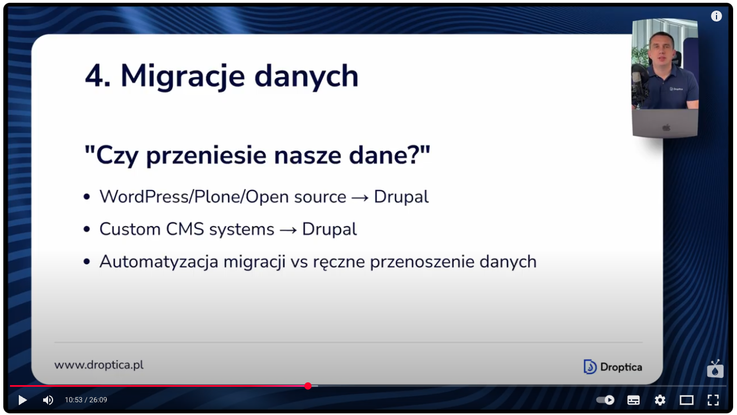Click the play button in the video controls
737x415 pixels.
22,400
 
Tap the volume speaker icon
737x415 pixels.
48,400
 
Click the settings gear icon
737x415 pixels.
660,400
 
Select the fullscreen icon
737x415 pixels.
713,400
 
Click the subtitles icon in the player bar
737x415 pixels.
634,400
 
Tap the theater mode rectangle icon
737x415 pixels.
686,400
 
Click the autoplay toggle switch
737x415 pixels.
605,400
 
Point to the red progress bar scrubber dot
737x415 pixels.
308,386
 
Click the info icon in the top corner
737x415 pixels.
717,16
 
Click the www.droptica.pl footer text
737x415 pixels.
99,365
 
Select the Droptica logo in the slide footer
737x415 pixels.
613,367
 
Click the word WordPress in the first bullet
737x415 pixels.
144,197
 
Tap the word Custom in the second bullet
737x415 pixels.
130,229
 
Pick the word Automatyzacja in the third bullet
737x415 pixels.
159,262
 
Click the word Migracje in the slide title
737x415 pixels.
183,77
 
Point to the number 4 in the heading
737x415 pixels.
95,76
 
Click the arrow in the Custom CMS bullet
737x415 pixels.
288,230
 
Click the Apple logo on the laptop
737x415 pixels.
666,127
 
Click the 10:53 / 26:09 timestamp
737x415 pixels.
86,400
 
